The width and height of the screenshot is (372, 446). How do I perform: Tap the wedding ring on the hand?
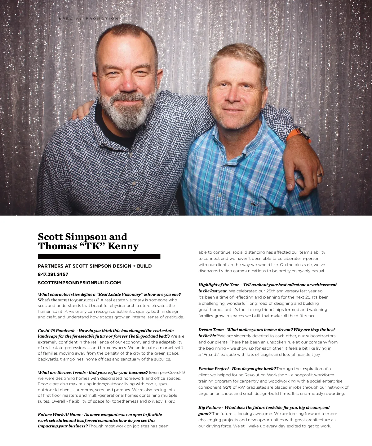(x=319, y=175)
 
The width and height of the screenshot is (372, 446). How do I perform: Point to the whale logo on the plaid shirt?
(x=255, y=204)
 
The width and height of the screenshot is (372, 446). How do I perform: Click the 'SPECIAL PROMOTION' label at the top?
(x=88, y=19)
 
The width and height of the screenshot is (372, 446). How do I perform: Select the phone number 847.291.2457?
(x=53, y=274)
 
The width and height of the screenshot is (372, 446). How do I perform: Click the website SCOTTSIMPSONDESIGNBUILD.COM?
(x=79, y=283)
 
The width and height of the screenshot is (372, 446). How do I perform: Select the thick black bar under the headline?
(x=99, y=256)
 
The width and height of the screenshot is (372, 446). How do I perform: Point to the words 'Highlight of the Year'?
(x=219, y=285)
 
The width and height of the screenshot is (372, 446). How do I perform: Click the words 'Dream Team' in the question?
(x=211, y=330)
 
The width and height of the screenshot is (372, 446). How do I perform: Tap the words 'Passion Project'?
(x=214, y=369)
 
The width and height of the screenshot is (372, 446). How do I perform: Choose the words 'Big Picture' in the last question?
(x=210, y=407)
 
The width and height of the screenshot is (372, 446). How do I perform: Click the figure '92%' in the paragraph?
(x=227, y=387)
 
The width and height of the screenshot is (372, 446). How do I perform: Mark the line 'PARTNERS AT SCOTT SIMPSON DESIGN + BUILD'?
(x=95, y=266)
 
